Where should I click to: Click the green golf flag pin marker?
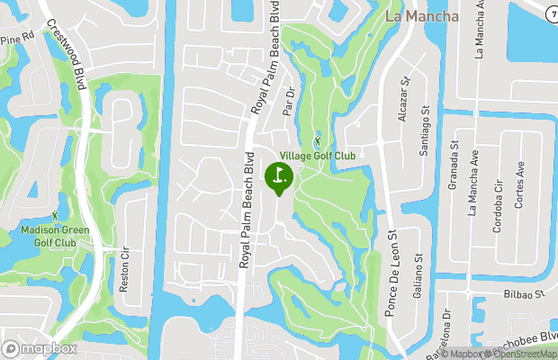(x=278, y=175)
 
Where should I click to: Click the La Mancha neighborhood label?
(x=420, y=16)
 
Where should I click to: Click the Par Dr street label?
(x=289, y=102)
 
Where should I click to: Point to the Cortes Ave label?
(x=519, y=185)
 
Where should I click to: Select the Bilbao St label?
(x=527, y=294)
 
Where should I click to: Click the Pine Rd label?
(x=16, y=40)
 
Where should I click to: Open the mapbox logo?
(x=40, y=348)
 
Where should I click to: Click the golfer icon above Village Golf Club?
(x=317, y=141)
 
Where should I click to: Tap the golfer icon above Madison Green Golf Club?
(x=55, y=215)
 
